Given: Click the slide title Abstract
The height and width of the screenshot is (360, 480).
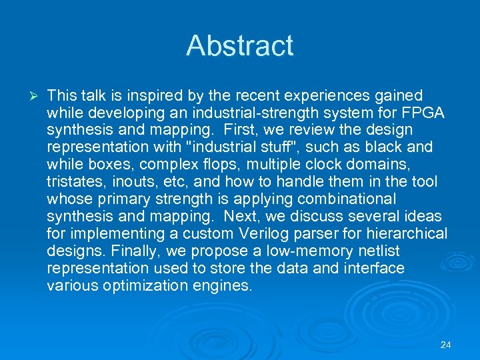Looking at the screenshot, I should tap(239, 45).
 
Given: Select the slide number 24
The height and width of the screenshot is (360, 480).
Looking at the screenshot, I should tap(446, 345).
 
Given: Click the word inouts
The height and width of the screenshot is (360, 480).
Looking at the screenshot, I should tap(131, 182).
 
